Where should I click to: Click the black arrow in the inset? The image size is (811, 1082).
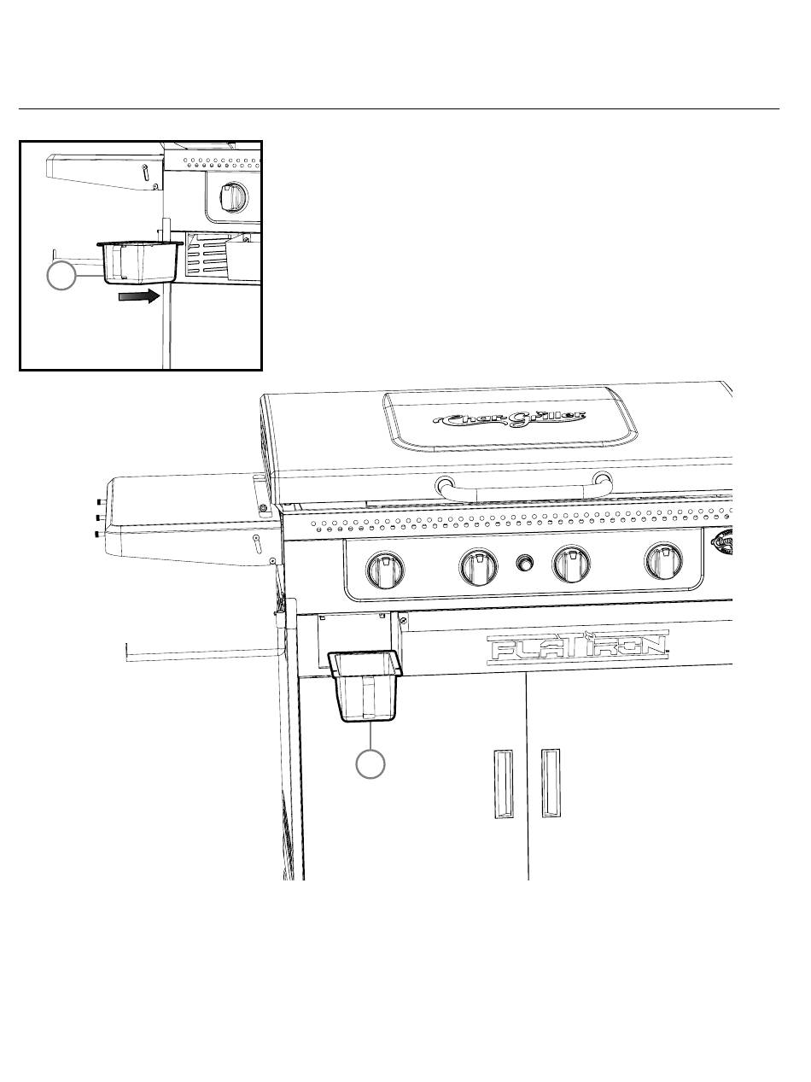click(139, 296)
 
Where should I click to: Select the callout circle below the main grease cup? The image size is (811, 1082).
click(370, 763)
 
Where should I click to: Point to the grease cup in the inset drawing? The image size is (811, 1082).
click(140, 262)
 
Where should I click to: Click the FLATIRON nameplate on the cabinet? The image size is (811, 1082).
click(577, 648)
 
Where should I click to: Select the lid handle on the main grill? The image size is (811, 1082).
click(523, 488)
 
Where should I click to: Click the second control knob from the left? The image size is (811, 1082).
click(478, 566)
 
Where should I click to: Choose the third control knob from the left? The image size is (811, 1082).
click(571, 564)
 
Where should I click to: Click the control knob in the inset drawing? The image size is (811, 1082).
click(230, 198)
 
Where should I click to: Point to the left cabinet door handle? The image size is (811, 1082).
click(505, 783)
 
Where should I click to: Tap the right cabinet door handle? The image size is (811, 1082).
click(551, 782)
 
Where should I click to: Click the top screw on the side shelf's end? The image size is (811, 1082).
click(99, 502)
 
